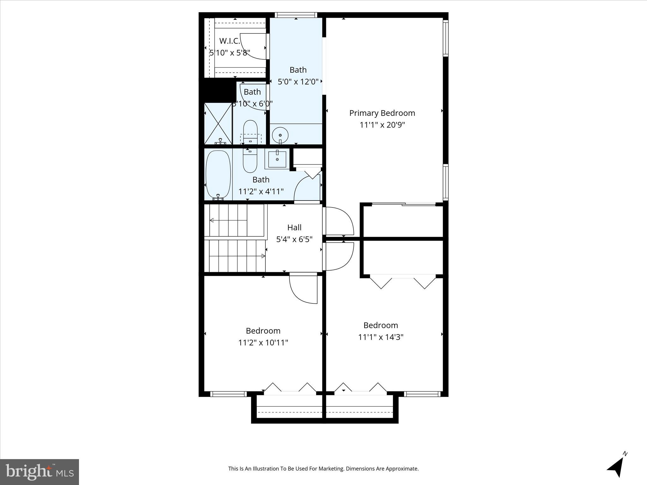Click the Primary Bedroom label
[382, 113]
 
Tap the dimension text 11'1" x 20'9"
[382, 125]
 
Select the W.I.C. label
[230, 41]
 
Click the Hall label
[294, 227]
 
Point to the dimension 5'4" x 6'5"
[294, 239]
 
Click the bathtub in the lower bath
[218, 174]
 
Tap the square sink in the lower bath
[277, 159]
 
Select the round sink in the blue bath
[280, 135]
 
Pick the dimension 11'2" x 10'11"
[263, 343]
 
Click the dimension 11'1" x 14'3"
[381, 337]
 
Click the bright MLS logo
[39, 471]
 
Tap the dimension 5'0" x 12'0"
[298, 82]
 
